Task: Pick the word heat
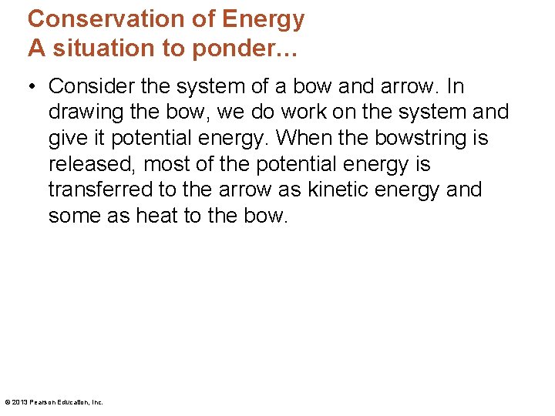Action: pyautogui.click(x=157, y=216)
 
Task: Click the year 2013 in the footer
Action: pyautogui.click(x=20, y=402)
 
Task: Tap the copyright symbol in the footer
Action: pyautogui.click(x=7, y=402)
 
